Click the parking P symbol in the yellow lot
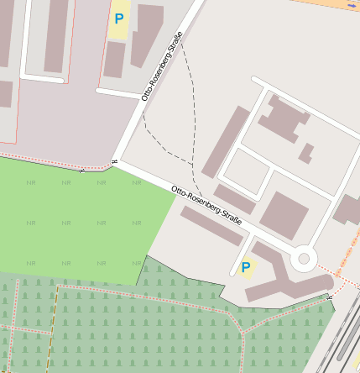(x=119, y=18)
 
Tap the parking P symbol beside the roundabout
(x=245, y=267)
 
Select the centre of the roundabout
(x=303, y=258)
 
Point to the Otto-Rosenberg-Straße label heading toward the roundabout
(x=206, y=205)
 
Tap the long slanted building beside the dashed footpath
(x=226, y=141)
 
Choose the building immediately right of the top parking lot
(x=148, y=34)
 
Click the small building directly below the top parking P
(x=114, y=60)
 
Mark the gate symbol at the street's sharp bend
(x=113, y=160)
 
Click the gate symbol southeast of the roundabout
(x=331, y=296)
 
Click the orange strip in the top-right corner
(x=335, y=4)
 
